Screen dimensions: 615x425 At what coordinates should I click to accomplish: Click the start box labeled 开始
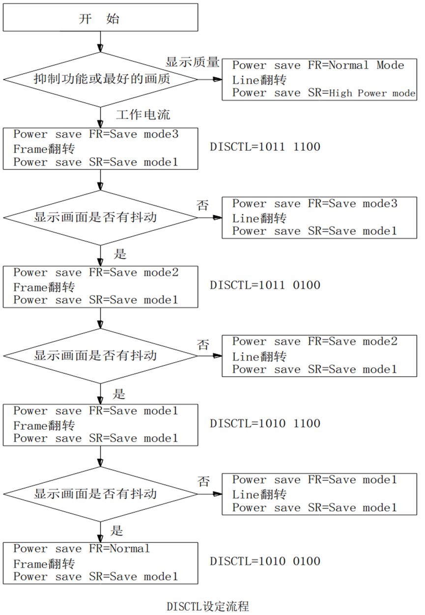click(x=100, y=19)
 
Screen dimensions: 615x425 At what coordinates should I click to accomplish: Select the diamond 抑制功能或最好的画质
click(x=100, y=79)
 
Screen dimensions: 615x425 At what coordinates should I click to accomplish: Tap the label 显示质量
click(x=192, y=62)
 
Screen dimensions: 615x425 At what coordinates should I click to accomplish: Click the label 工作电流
click(x=142, y=115)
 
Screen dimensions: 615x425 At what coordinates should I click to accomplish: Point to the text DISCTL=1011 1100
click(x=265, y=147)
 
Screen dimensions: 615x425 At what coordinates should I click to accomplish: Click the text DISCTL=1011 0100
click(x=265, y=285)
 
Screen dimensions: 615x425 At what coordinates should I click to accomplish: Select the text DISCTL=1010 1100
click(x=265, y=423)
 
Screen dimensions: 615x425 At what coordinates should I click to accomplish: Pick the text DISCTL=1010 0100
click(x=265, y=561)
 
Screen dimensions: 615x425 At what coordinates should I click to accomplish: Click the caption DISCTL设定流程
click(x=208, y=606)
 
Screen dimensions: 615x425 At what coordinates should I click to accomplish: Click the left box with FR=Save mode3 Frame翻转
click(x=100, y=148)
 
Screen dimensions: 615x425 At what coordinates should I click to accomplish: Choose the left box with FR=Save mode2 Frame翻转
click(x=100, y=286)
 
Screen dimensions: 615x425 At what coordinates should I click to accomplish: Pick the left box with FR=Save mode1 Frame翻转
click(x=100, y=424)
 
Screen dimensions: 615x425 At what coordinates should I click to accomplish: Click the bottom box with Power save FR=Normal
click(x=100, y=562)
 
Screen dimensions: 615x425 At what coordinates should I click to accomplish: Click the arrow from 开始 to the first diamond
click(x=100, y=41)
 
